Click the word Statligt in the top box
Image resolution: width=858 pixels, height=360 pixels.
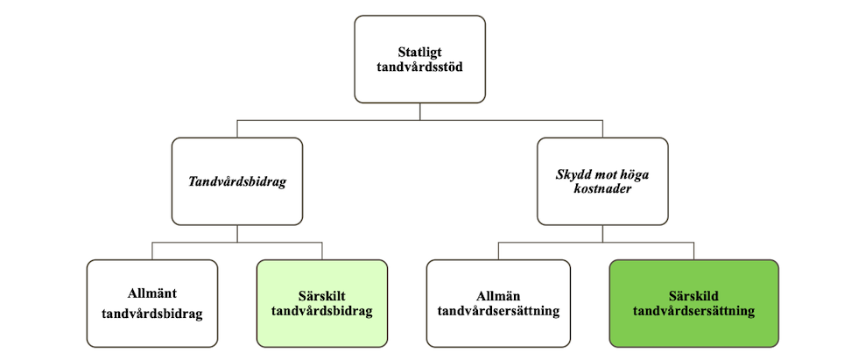(x=419, y=53)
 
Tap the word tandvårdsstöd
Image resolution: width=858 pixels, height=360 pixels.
(x=419, y=67)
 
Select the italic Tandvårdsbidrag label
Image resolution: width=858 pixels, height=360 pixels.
(x=237, y=182)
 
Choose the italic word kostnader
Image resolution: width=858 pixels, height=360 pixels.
(x=602, y=190)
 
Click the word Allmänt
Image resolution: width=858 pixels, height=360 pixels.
(x=152, y=293)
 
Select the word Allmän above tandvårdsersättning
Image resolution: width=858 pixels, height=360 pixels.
(x=498, y=297)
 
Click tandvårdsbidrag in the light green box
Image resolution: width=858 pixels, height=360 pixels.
(x=322, y=312)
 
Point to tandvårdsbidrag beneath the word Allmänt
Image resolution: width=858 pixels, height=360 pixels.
(x=152, y=314)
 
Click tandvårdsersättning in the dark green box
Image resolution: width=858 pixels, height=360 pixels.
(x=693, y=311)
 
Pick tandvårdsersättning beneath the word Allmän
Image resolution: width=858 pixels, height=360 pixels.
(x=498, y=312)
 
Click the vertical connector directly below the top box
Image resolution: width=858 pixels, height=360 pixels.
(x=419, y=111)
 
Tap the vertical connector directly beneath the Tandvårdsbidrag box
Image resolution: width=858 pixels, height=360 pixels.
(x=237, y=234)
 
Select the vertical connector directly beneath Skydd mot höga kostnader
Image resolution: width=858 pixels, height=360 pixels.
(x=602, y=234)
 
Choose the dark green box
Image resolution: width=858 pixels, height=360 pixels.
(x=693, y=304)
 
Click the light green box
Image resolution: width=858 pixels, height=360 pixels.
(x=322, y=304)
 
